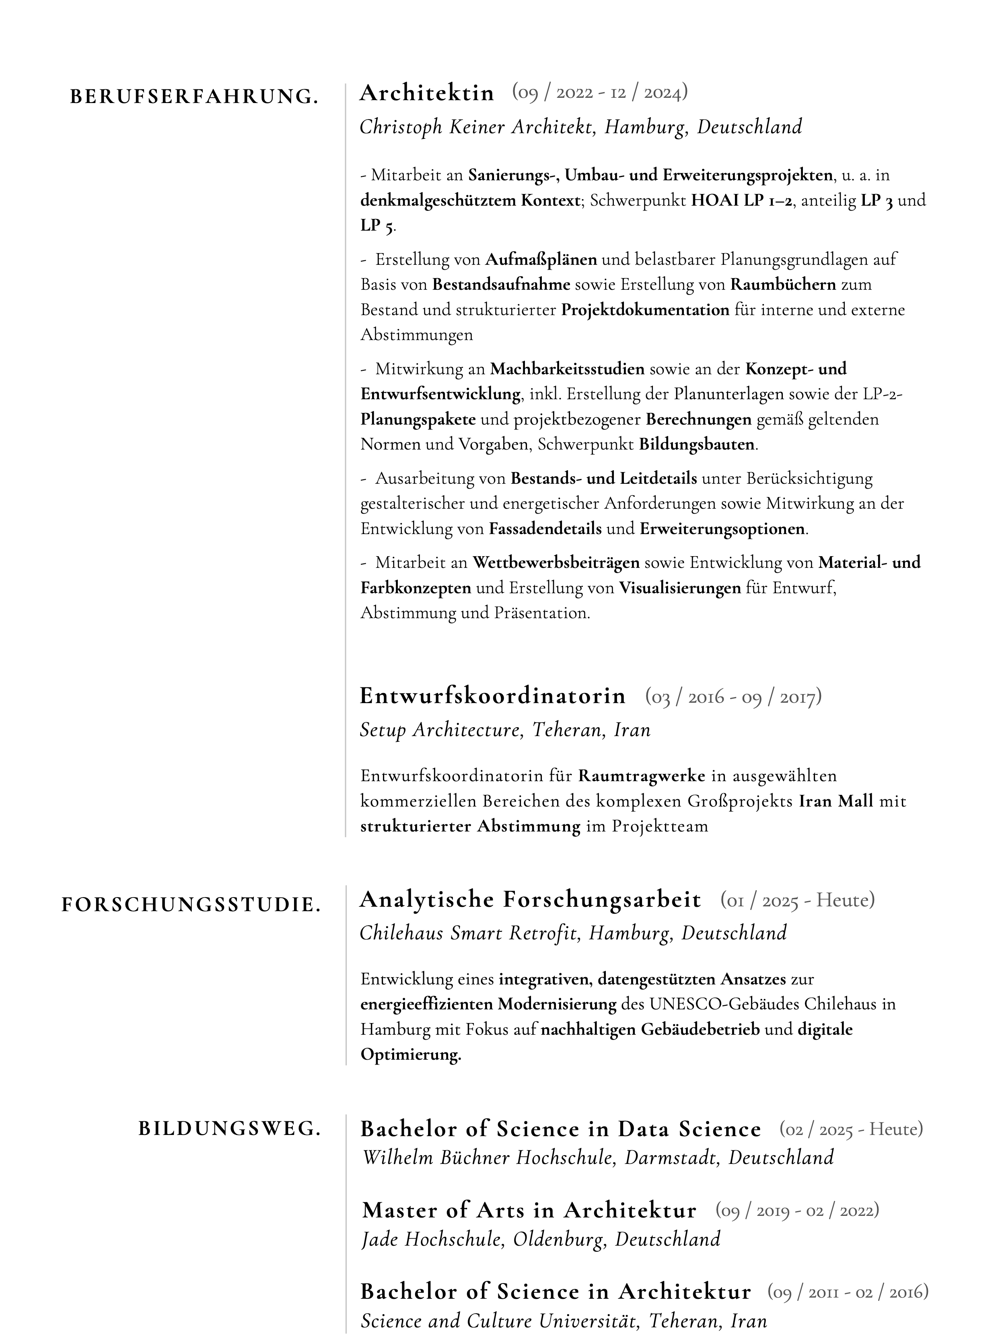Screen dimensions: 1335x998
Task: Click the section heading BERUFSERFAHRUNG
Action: tap(194, 97)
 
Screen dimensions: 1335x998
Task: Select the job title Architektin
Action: tap(426, 93)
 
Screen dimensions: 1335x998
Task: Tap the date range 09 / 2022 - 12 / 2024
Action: tap(600, 93)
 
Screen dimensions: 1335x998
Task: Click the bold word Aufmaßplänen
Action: tap(541, 260)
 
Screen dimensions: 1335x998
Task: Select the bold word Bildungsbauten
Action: tap(696, 445)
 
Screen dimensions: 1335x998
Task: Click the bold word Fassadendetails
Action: tap(545, 529)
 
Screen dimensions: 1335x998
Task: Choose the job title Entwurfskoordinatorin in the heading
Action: tap(492, 696)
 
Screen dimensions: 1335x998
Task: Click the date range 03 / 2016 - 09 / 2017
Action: tap(733, 697)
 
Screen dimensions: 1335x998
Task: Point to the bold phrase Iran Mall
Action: tap(836, 801)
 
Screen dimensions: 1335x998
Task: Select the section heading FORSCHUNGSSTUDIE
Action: tap(191, 905)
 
